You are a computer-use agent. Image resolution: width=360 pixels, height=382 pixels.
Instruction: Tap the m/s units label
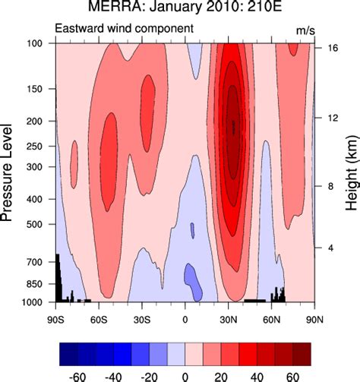pyautogui.click(x=305, y=29)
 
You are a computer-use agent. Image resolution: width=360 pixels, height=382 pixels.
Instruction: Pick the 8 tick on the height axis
pyautogui.click(x=329, y=186)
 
